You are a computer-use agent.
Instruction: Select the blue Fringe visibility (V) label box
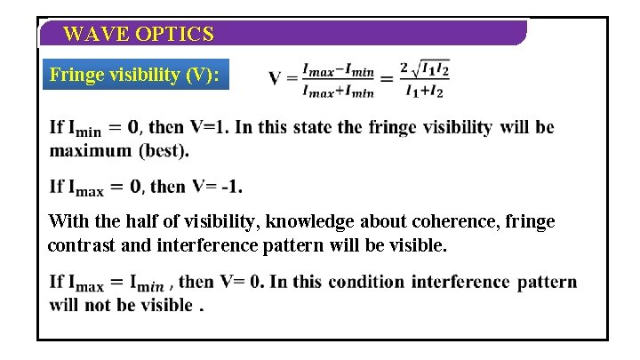pyautogui.click(x=138, y=75)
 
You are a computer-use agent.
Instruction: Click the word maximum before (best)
pyautogui.click(x=90, y=150)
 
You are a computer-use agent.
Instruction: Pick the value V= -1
pyautogui.click(x=216, y=187)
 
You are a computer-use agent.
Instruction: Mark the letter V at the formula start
pyautogui.click(x=276, y=78)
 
